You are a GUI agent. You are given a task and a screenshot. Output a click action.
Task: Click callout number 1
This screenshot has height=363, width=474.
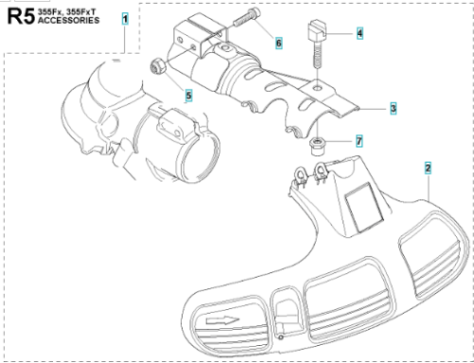(x=125, y=19)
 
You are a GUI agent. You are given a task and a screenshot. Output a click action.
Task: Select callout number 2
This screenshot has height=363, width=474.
(x=428, y=168)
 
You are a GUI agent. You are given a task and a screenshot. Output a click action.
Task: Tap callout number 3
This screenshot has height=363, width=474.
(x=393, y=108)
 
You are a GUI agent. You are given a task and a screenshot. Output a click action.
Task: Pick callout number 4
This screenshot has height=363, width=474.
(x=359, y=33)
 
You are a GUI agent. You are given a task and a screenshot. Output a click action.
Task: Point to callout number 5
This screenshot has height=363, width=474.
(x=189, y=96)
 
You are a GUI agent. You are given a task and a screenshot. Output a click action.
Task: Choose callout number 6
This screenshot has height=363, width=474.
(x=279, y=43)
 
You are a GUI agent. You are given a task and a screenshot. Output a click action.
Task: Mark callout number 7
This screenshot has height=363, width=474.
(x=359, y=141)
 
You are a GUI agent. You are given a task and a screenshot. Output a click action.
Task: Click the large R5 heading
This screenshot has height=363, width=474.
(x=21, y=16)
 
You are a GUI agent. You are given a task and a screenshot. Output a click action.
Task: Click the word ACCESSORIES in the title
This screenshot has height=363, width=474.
(x=68, y=21)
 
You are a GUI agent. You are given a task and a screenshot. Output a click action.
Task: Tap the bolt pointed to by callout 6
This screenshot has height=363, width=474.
(x=247, y=18)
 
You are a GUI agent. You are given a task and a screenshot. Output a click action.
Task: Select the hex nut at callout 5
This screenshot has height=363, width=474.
(x=156, y=67)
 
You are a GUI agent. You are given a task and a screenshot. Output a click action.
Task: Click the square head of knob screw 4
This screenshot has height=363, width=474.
(x=317, y=31)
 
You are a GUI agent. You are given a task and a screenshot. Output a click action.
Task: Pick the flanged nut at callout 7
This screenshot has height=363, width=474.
(x=316, y=147)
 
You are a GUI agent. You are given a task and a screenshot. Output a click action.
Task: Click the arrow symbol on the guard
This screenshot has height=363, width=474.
(x=222, y=320)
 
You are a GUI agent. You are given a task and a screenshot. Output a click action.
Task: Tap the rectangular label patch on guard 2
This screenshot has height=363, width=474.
(x=364, y=207)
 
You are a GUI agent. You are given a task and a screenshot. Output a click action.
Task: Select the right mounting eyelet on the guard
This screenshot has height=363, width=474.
(x=320, y=170)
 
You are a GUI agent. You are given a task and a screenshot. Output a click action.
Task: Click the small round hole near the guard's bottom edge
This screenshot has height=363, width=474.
(x=281, y=337)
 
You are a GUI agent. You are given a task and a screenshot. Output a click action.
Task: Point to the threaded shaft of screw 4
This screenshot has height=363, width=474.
(x=317, y=56)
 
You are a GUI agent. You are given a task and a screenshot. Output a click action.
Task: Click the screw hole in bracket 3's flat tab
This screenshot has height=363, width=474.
(x=318, y=86)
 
